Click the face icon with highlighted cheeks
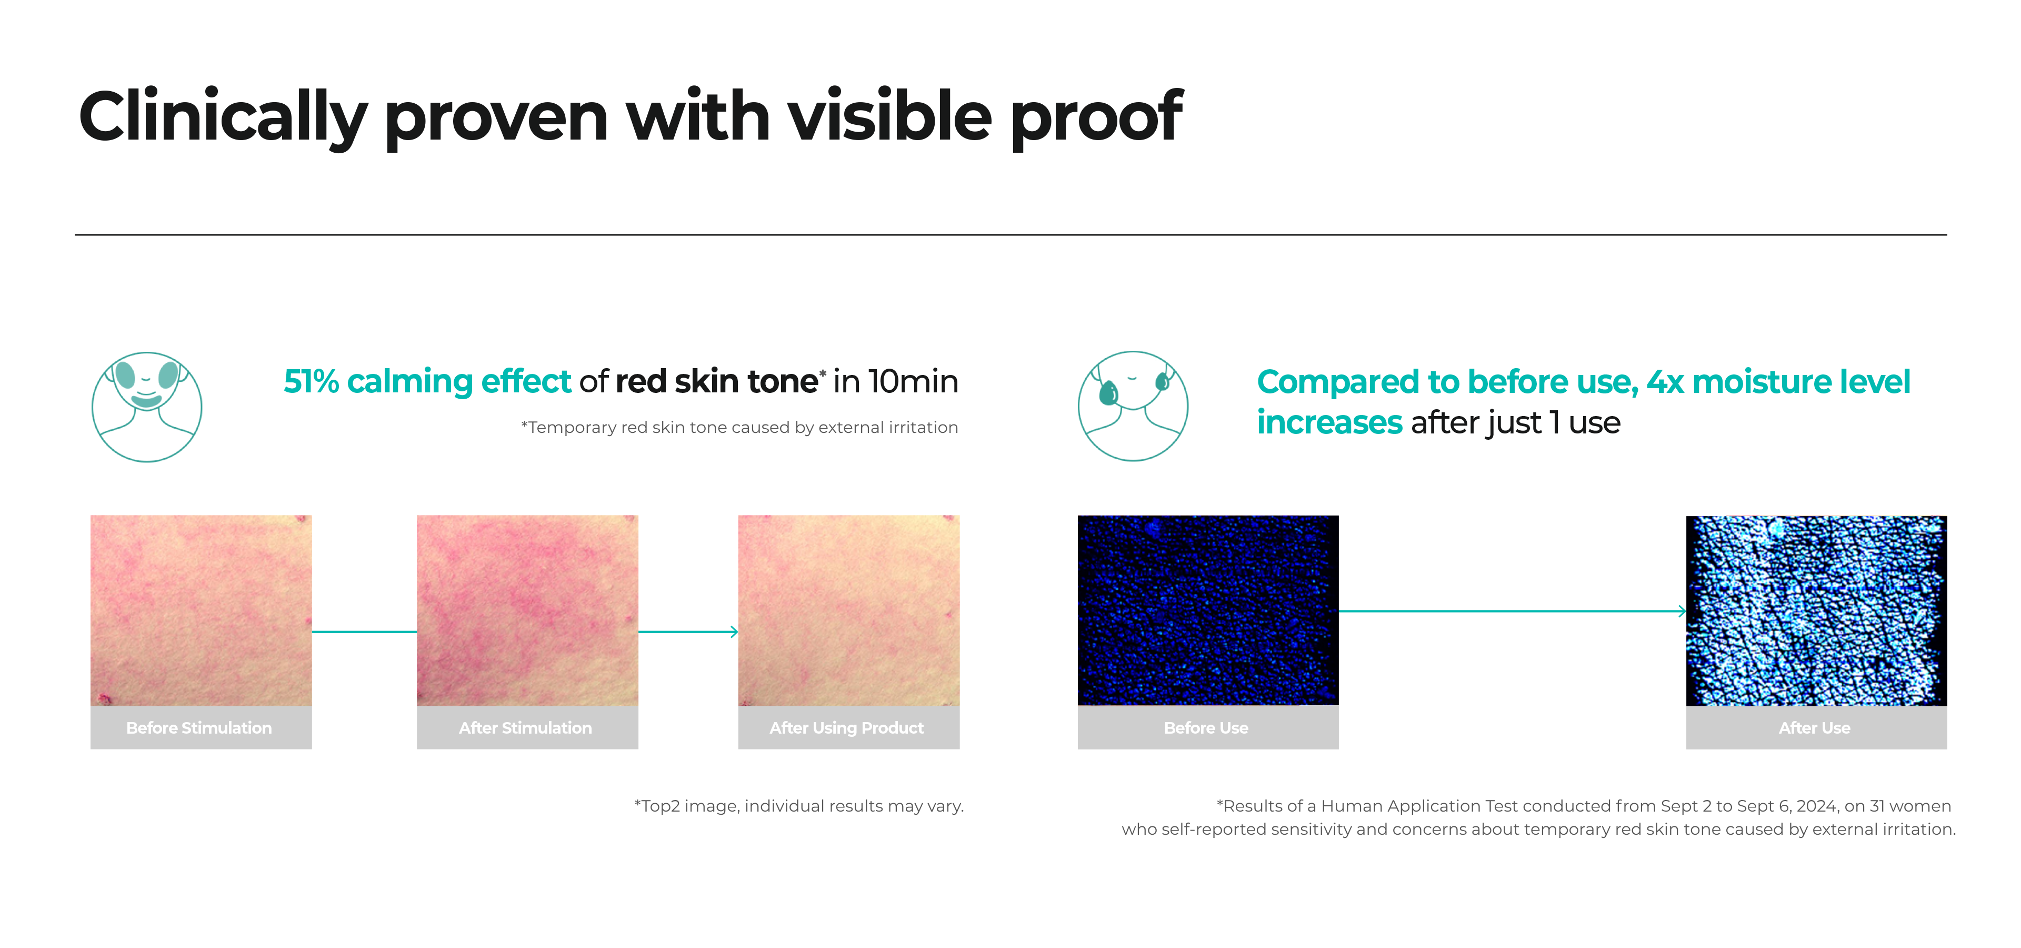pyautogui.click(x=147, y=407)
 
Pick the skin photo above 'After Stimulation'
pyautogui.click(x=527, y=610)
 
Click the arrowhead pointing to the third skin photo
pyautogui.click(x=734, y=632)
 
